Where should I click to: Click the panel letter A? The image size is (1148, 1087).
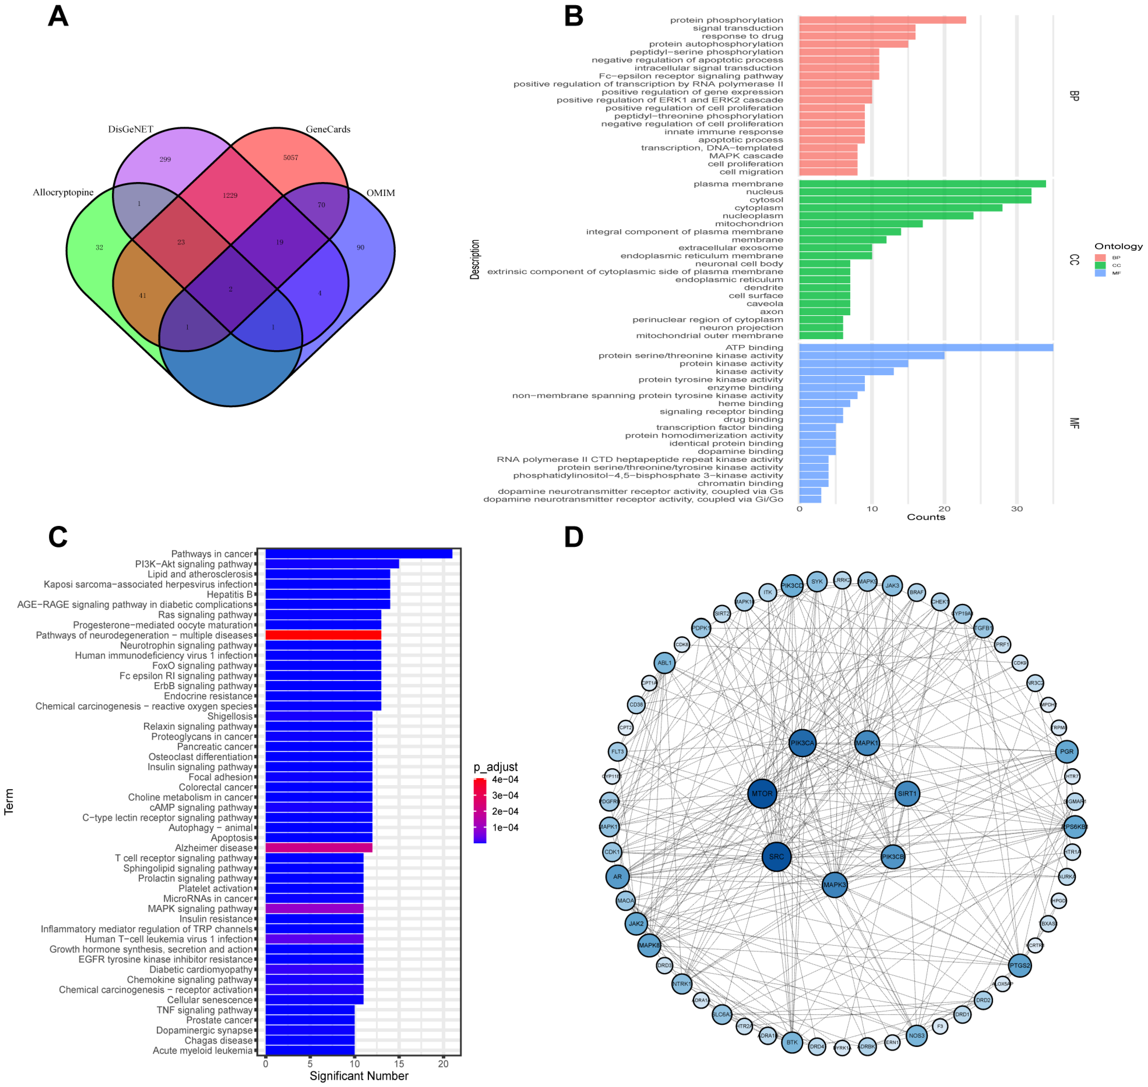pos(58,16)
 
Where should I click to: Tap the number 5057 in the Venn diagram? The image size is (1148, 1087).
pos(290,158)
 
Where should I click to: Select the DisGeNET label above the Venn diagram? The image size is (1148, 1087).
pos(130,129)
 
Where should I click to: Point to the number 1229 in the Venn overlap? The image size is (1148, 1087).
pos(230,195)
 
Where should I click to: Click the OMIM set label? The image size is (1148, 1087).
pos(380,193)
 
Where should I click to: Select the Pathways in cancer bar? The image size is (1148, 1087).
pos(358,554)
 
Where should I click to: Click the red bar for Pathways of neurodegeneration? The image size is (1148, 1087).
pos(323,635)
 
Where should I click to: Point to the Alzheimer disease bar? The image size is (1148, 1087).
pos(318,848)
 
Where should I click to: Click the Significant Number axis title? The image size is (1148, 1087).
pos(359,1076)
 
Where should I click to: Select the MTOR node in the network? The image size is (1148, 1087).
pos(762,794)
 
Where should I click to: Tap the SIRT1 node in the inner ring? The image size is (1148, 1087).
pos(907,794)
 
